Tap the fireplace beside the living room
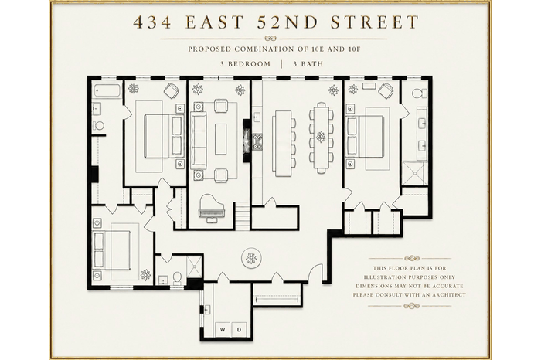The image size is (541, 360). coord(247,141)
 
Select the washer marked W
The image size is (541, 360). coord(223,330)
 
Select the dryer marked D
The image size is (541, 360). coord(239,330)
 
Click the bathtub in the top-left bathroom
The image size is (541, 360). coord(107,90)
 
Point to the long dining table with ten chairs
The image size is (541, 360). coord(322,138)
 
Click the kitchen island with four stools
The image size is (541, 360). coord(283,143)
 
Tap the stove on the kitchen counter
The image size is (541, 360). coord(257,142)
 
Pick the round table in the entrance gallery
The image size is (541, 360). coord(251,257)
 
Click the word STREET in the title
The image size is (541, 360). coord(375,22)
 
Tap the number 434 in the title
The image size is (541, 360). coord(152,22)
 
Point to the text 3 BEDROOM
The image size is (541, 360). coord(245,64)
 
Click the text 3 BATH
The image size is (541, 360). coord(308,64)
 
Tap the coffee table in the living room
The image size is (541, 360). coord(221,139)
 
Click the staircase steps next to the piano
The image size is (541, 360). coord(243,216)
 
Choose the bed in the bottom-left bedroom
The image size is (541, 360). coord(113,250)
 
